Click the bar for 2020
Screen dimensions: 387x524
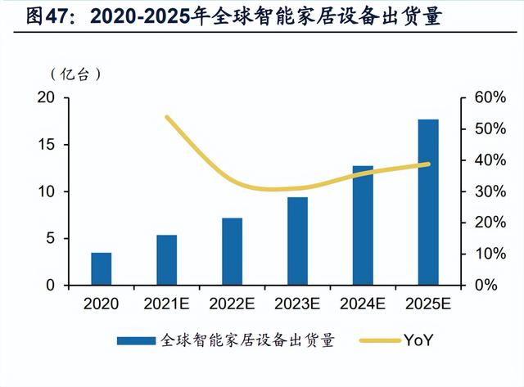point(101,269)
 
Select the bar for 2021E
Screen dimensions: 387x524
point(166,260)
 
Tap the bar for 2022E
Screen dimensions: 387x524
point(232,252)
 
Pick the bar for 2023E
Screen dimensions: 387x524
point(297,241)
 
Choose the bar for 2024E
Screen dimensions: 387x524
point(363,226)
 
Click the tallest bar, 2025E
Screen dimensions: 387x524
point(428,202)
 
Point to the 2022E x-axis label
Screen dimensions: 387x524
point(232,304)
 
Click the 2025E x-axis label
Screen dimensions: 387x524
point(428,304)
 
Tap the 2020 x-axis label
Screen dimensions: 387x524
point(101,304)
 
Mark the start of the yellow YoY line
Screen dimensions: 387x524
point(166,117)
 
